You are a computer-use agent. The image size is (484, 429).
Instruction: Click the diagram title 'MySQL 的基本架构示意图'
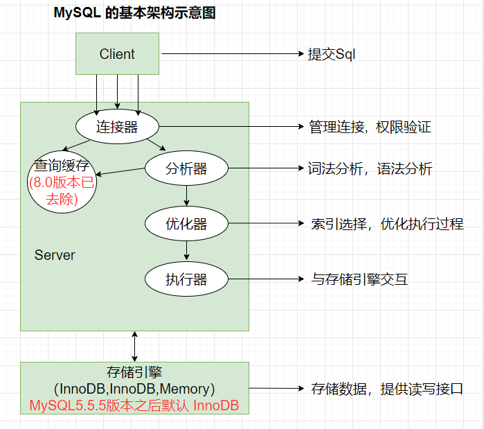pyautogui.click(x=134, y=13)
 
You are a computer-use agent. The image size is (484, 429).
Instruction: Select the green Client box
pyautogui.click(x=117, y=54)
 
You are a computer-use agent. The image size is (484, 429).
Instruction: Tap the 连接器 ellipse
pyautogui.click(x=117, y=128)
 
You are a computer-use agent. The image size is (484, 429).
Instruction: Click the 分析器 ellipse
pyautogui.click(x=186, y=168)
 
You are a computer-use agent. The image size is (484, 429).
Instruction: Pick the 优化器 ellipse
pyautogui.click(x=186, y=224)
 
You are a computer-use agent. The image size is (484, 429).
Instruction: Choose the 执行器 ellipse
pyautogui.click(x=186, y=279)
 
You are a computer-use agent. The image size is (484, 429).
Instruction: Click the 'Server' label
pyautogui.click(x=55, y=255)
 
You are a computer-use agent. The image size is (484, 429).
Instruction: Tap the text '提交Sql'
pyautogui.click(x=332, y=54)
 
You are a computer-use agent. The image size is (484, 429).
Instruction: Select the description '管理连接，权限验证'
pyautogui.click(x=370, y=128)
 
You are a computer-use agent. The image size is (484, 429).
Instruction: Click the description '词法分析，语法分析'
pyautogui.click(x=370, y=168)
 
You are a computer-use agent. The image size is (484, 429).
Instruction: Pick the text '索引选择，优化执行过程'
pyautogui.click(x=387, y=224)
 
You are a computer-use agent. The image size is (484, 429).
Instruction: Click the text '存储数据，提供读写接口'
pyautogui.click(x=386, y=389)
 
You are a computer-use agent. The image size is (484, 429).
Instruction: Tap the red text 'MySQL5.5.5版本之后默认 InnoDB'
pyautogui.click(x=134, y=406)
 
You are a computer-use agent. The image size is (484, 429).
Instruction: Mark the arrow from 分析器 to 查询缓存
pyautogui.click(x=120, y=171)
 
